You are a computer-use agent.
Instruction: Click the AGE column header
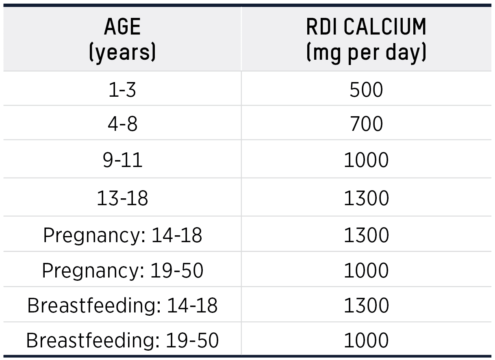point(122,28)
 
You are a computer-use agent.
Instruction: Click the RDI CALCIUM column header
point(366,28)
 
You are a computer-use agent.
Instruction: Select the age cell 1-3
point(122,90)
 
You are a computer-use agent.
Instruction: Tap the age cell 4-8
point(122,124)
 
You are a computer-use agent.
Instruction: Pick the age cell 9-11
point(122,160)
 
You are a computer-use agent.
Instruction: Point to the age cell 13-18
point(122,198)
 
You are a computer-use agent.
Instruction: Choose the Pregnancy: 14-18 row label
point(122,235)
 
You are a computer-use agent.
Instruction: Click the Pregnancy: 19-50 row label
point(122,271)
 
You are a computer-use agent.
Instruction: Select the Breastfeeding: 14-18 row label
point(122,306)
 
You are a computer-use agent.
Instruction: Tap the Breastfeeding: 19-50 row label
point(122,340)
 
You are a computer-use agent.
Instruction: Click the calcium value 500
point(366,90)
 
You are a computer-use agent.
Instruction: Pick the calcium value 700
point(366,124)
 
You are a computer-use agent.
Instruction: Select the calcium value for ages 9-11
point(366,160)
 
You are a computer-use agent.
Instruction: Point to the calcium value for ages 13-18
point(366,198)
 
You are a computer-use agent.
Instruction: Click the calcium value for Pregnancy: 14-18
point(366,235)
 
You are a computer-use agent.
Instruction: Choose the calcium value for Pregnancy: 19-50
point(366,271)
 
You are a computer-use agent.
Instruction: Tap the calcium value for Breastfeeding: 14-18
point(366,306)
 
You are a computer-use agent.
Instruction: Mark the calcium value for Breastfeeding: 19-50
point(366,340)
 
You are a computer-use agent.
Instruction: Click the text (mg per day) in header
point(366,53)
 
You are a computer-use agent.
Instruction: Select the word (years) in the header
point(122,53)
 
